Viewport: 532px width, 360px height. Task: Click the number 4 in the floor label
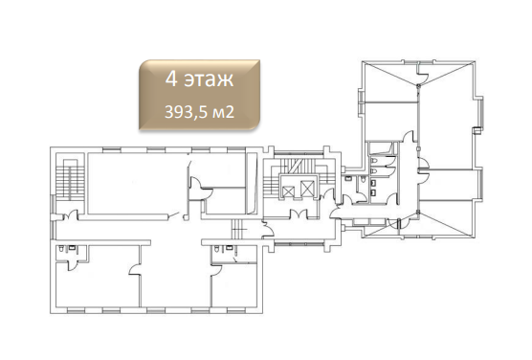[x=171, y=79]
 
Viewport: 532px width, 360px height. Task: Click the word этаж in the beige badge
[x=209, y=80]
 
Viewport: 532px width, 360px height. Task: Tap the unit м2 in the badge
[x=223, y=112]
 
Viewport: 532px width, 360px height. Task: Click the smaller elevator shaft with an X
[x=288, y=191]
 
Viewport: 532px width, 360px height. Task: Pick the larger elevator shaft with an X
[x=307, y=189]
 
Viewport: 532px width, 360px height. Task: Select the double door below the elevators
[x=299, y=214]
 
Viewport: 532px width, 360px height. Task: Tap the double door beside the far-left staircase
[x=70, y=215]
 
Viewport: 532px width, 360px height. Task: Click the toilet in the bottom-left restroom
[x=61, y=248]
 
